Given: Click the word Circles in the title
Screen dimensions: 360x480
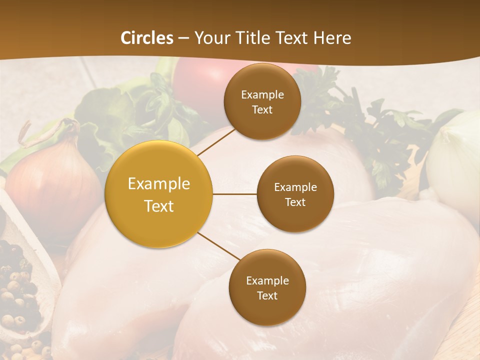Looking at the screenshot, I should click(x=146, y=38).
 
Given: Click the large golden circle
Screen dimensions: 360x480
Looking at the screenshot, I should click(x=159, y=194).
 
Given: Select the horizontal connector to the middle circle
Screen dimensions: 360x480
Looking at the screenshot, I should click(x=234, y=194).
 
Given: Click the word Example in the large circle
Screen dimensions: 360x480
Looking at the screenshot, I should click(x=159, y=184).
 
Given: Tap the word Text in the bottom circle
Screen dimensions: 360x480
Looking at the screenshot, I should click(x=267, y=295).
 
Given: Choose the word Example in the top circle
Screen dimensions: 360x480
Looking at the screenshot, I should click(x=262, y=94).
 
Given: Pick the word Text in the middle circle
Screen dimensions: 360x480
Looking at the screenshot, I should click(x=295, y=202).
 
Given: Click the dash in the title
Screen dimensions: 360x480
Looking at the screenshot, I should click(x=183, y=38).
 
